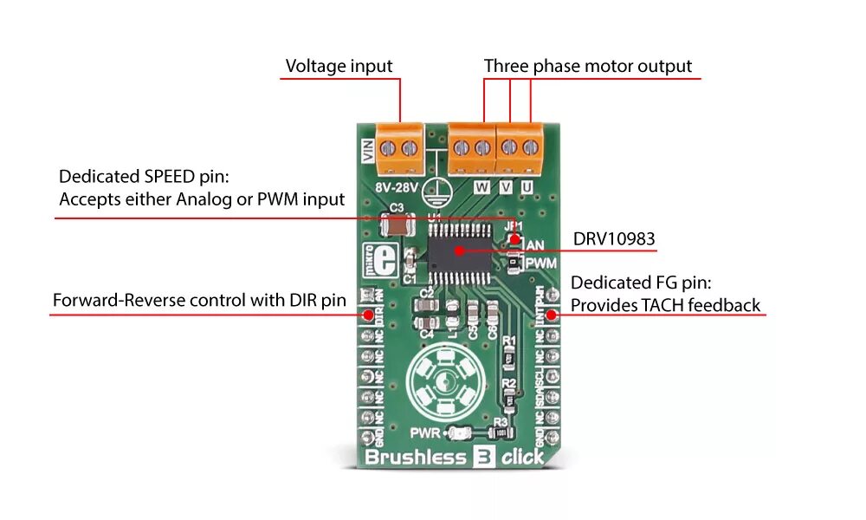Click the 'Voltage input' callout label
(339, 66)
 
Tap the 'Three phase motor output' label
(588, 66)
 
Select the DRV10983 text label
(614, 237)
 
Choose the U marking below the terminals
(527, 185)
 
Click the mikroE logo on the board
(378, 257)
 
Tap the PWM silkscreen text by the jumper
(541, 262)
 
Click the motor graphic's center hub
(447, 380)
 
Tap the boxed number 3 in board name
(479, 457)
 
